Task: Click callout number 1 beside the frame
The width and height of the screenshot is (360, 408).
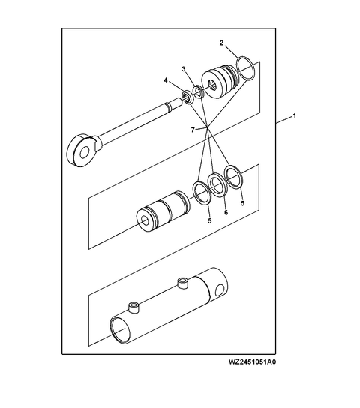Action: pyautogui.click(x=295, y=117)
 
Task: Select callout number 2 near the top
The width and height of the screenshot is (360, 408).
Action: pyautogui.click(x=221, y=43)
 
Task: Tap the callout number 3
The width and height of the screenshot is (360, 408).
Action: pyautogui.click(x=182, y=69)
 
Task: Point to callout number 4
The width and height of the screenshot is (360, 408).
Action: pyautogui.click(x=166, y=80)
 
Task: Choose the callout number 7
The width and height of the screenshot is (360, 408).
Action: pyautogui.click(x=193, y=130)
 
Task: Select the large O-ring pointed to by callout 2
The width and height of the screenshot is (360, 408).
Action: pyautogui.click(x=245, y=69)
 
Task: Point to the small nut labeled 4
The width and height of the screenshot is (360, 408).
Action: pyautogui.click(x=184, y=97)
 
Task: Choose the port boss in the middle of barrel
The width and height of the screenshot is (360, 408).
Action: pyautogui.click(x=181, y=282)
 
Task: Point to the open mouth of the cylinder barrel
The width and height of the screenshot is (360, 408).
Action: pyautogui.click(x=121, y=328)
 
